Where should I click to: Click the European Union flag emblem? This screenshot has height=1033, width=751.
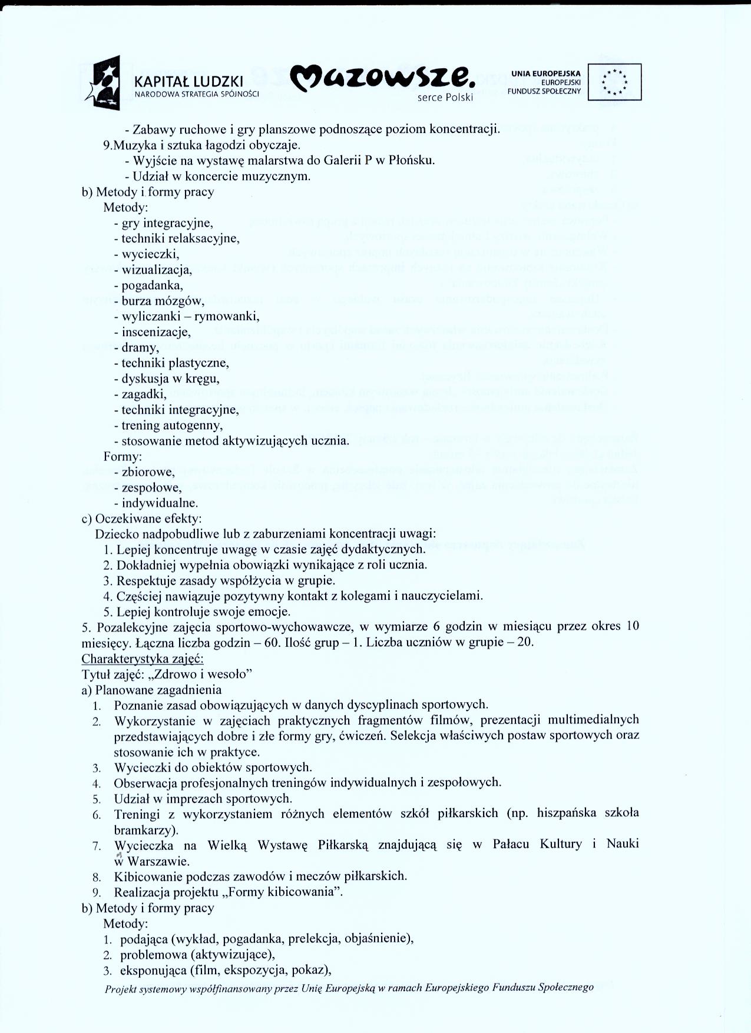[615, 82]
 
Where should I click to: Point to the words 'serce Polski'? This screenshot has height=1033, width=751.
[445, 98]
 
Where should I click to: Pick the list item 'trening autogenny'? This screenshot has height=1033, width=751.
[171, 425]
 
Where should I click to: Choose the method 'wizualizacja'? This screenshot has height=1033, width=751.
[157, 270]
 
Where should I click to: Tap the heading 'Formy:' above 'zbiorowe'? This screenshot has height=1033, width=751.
[123, 456]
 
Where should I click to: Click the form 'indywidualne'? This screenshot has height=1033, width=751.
[160, 503]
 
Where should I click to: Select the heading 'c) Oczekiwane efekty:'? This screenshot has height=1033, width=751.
[141, 519]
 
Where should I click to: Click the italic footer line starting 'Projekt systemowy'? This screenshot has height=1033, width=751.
[349, 988]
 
